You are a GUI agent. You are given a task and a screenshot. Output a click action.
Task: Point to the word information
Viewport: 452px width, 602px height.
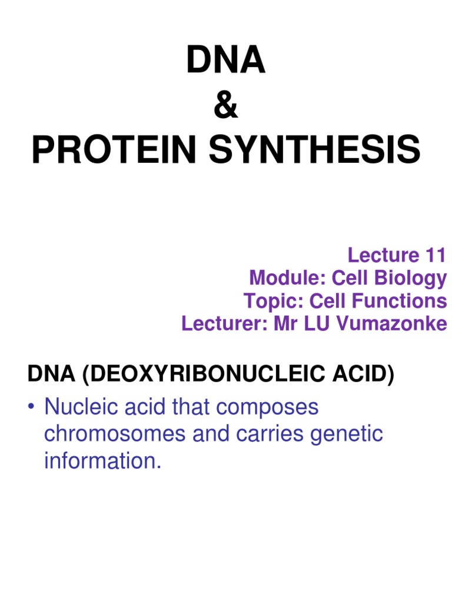[102, 461]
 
